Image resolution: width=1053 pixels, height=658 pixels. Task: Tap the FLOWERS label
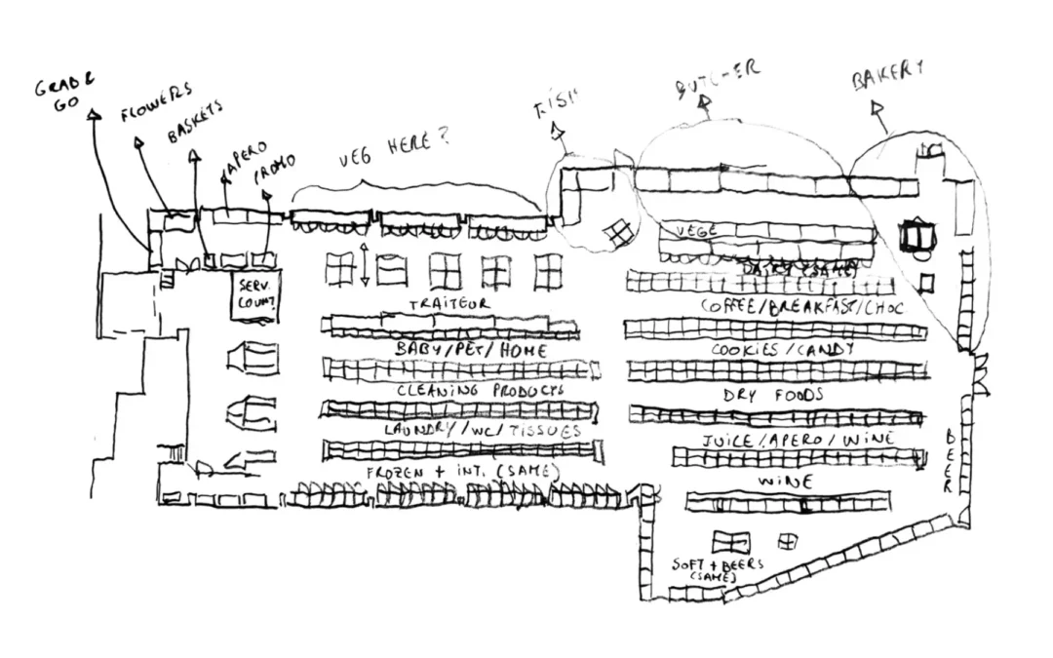(156, 102)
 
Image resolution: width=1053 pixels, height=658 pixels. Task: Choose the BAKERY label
(887, 76)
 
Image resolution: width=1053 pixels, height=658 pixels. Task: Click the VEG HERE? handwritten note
(394, 147)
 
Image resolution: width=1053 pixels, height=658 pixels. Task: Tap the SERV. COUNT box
(253, 295)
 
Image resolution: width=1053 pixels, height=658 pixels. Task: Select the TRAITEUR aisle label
(448, 304)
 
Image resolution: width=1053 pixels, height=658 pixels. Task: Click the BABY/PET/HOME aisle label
(471, 349)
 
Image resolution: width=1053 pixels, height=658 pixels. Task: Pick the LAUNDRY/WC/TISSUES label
(482, 430)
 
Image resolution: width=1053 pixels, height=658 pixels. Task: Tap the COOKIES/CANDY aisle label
(783, 349)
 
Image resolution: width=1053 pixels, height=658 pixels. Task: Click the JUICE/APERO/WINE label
(798, 440)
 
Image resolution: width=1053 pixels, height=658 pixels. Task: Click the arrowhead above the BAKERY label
(875, 104)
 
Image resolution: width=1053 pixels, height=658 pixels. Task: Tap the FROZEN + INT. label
(462, 472)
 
